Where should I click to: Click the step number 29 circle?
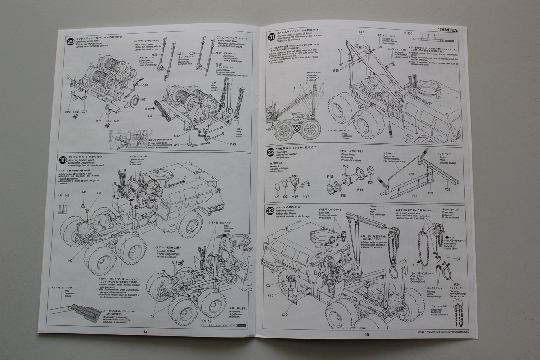[71, 42]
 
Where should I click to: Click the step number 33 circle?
[270, 210]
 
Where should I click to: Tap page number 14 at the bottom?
[145, 332]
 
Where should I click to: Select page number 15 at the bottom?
[367, 334]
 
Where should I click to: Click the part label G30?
[154, 54]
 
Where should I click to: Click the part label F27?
[306, 196]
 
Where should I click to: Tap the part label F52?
[343, 196]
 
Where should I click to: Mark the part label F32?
[447, 190]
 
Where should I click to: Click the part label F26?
[457, 284]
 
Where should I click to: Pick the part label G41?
[177, 144]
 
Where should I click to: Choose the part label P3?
[277, 197]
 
